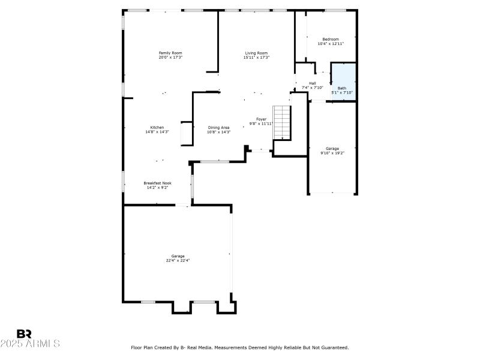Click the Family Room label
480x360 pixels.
(x=170, y=53)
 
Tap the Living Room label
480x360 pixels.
(x=256, y=53)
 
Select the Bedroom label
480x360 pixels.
(x=331, y=39)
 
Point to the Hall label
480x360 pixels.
(x=313, y=83)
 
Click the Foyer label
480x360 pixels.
(x=262, y=119)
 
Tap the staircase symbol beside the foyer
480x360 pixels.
(x=281, y=122)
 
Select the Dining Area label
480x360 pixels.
(x=218, y=127)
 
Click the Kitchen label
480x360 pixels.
(x=157, y=127)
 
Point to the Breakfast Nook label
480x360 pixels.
(x=157, y=182)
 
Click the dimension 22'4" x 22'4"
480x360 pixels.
(x=178, y=260)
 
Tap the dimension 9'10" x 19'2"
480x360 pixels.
(x=332, y=153)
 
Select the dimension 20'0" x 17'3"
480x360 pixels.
(x=170, y=58)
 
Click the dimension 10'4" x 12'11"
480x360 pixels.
(x=331, y=44)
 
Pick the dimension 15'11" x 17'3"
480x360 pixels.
(x=256, y=58)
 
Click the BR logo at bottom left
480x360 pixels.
(x=25, y=334)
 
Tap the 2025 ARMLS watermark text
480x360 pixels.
(x=30, y=344)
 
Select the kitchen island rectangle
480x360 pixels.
(x=187, y=134)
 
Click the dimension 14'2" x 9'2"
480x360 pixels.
(x=157, y=187)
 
